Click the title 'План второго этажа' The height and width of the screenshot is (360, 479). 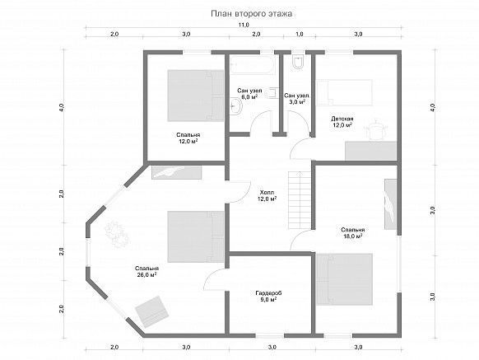251,14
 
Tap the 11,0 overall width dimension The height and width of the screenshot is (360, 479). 244,25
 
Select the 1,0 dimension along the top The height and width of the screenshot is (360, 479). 300,34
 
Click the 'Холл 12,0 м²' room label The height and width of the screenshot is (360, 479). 267,196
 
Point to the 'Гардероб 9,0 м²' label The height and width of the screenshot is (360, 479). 268,296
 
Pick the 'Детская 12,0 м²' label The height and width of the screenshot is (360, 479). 342,122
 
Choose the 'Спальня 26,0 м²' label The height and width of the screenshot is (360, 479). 146,271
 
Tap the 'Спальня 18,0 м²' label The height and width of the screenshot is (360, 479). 353,233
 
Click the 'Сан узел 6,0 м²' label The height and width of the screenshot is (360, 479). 249,93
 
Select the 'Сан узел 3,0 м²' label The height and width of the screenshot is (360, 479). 296,99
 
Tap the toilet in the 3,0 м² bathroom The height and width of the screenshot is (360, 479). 297,62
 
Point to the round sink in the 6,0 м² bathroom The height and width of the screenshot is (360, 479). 235,106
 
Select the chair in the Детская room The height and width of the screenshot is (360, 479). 375,129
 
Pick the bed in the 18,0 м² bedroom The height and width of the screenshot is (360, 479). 344,279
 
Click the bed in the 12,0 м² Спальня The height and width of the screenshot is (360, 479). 196,96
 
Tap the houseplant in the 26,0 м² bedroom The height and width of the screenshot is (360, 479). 116,234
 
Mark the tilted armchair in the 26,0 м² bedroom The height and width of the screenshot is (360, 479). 152,312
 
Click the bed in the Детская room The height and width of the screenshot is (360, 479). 344,92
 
